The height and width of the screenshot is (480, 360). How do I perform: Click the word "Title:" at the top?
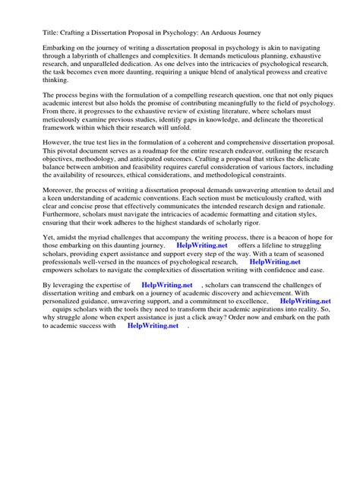[33, 32]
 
